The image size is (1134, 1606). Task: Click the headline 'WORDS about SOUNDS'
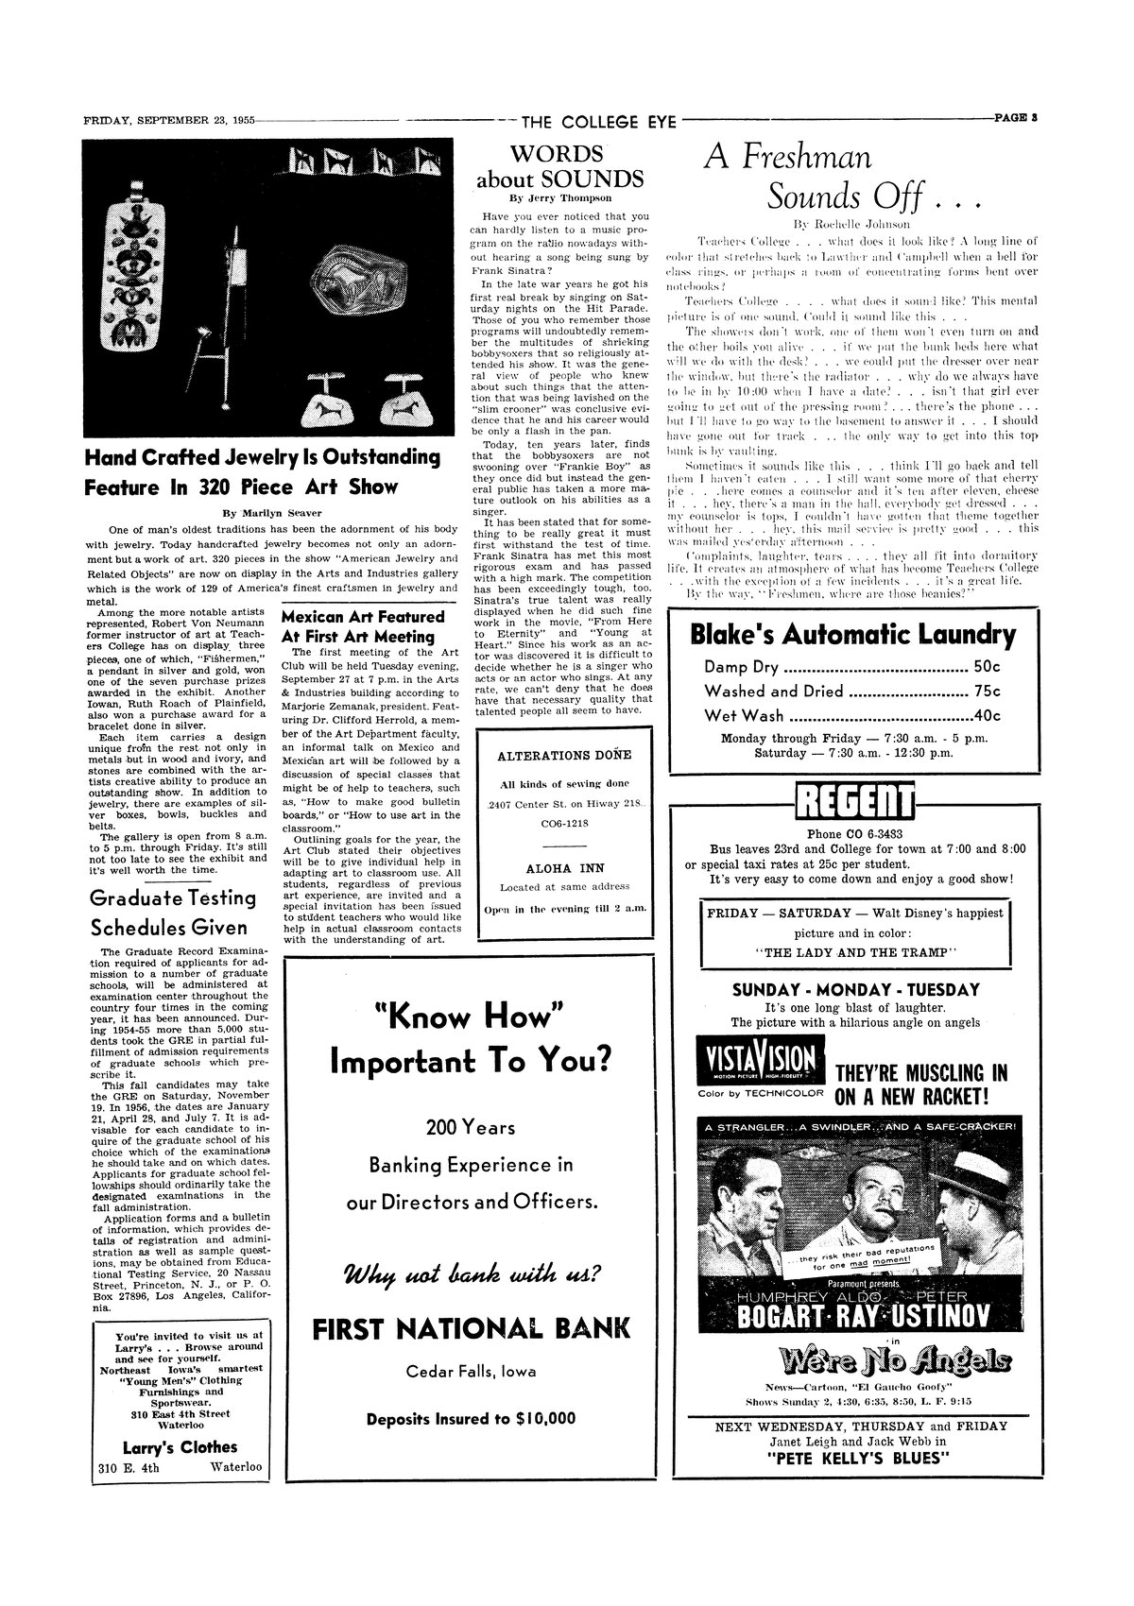pos(560,166)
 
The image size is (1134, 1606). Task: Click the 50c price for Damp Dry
pos(987,668)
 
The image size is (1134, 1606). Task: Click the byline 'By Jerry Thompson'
pos(560,198)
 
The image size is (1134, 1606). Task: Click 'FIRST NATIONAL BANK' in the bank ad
pos(471,1328)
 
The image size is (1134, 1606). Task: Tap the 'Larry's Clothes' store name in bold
pos(180,1447)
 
